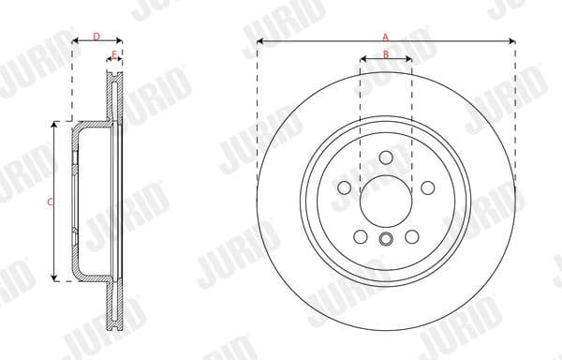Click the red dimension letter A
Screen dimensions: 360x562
coord(385,36)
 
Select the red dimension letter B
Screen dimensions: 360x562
coord(385,54)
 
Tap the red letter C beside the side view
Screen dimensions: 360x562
coord(50,202)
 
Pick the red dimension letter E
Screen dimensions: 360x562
coord(114,55)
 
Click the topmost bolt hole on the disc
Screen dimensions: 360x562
coord(385,158)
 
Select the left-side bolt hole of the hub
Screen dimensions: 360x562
coord(344,188)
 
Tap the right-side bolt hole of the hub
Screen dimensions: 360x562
coord(426,188)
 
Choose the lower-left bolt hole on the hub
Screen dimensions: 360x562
coord(360,236)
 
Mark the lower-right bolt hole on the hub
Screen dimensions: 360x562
coord(410,236)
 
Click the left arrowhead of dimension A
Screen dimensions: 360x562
coord(259,41)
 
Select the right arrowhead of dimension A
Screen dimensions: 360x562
coord(512,41)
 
